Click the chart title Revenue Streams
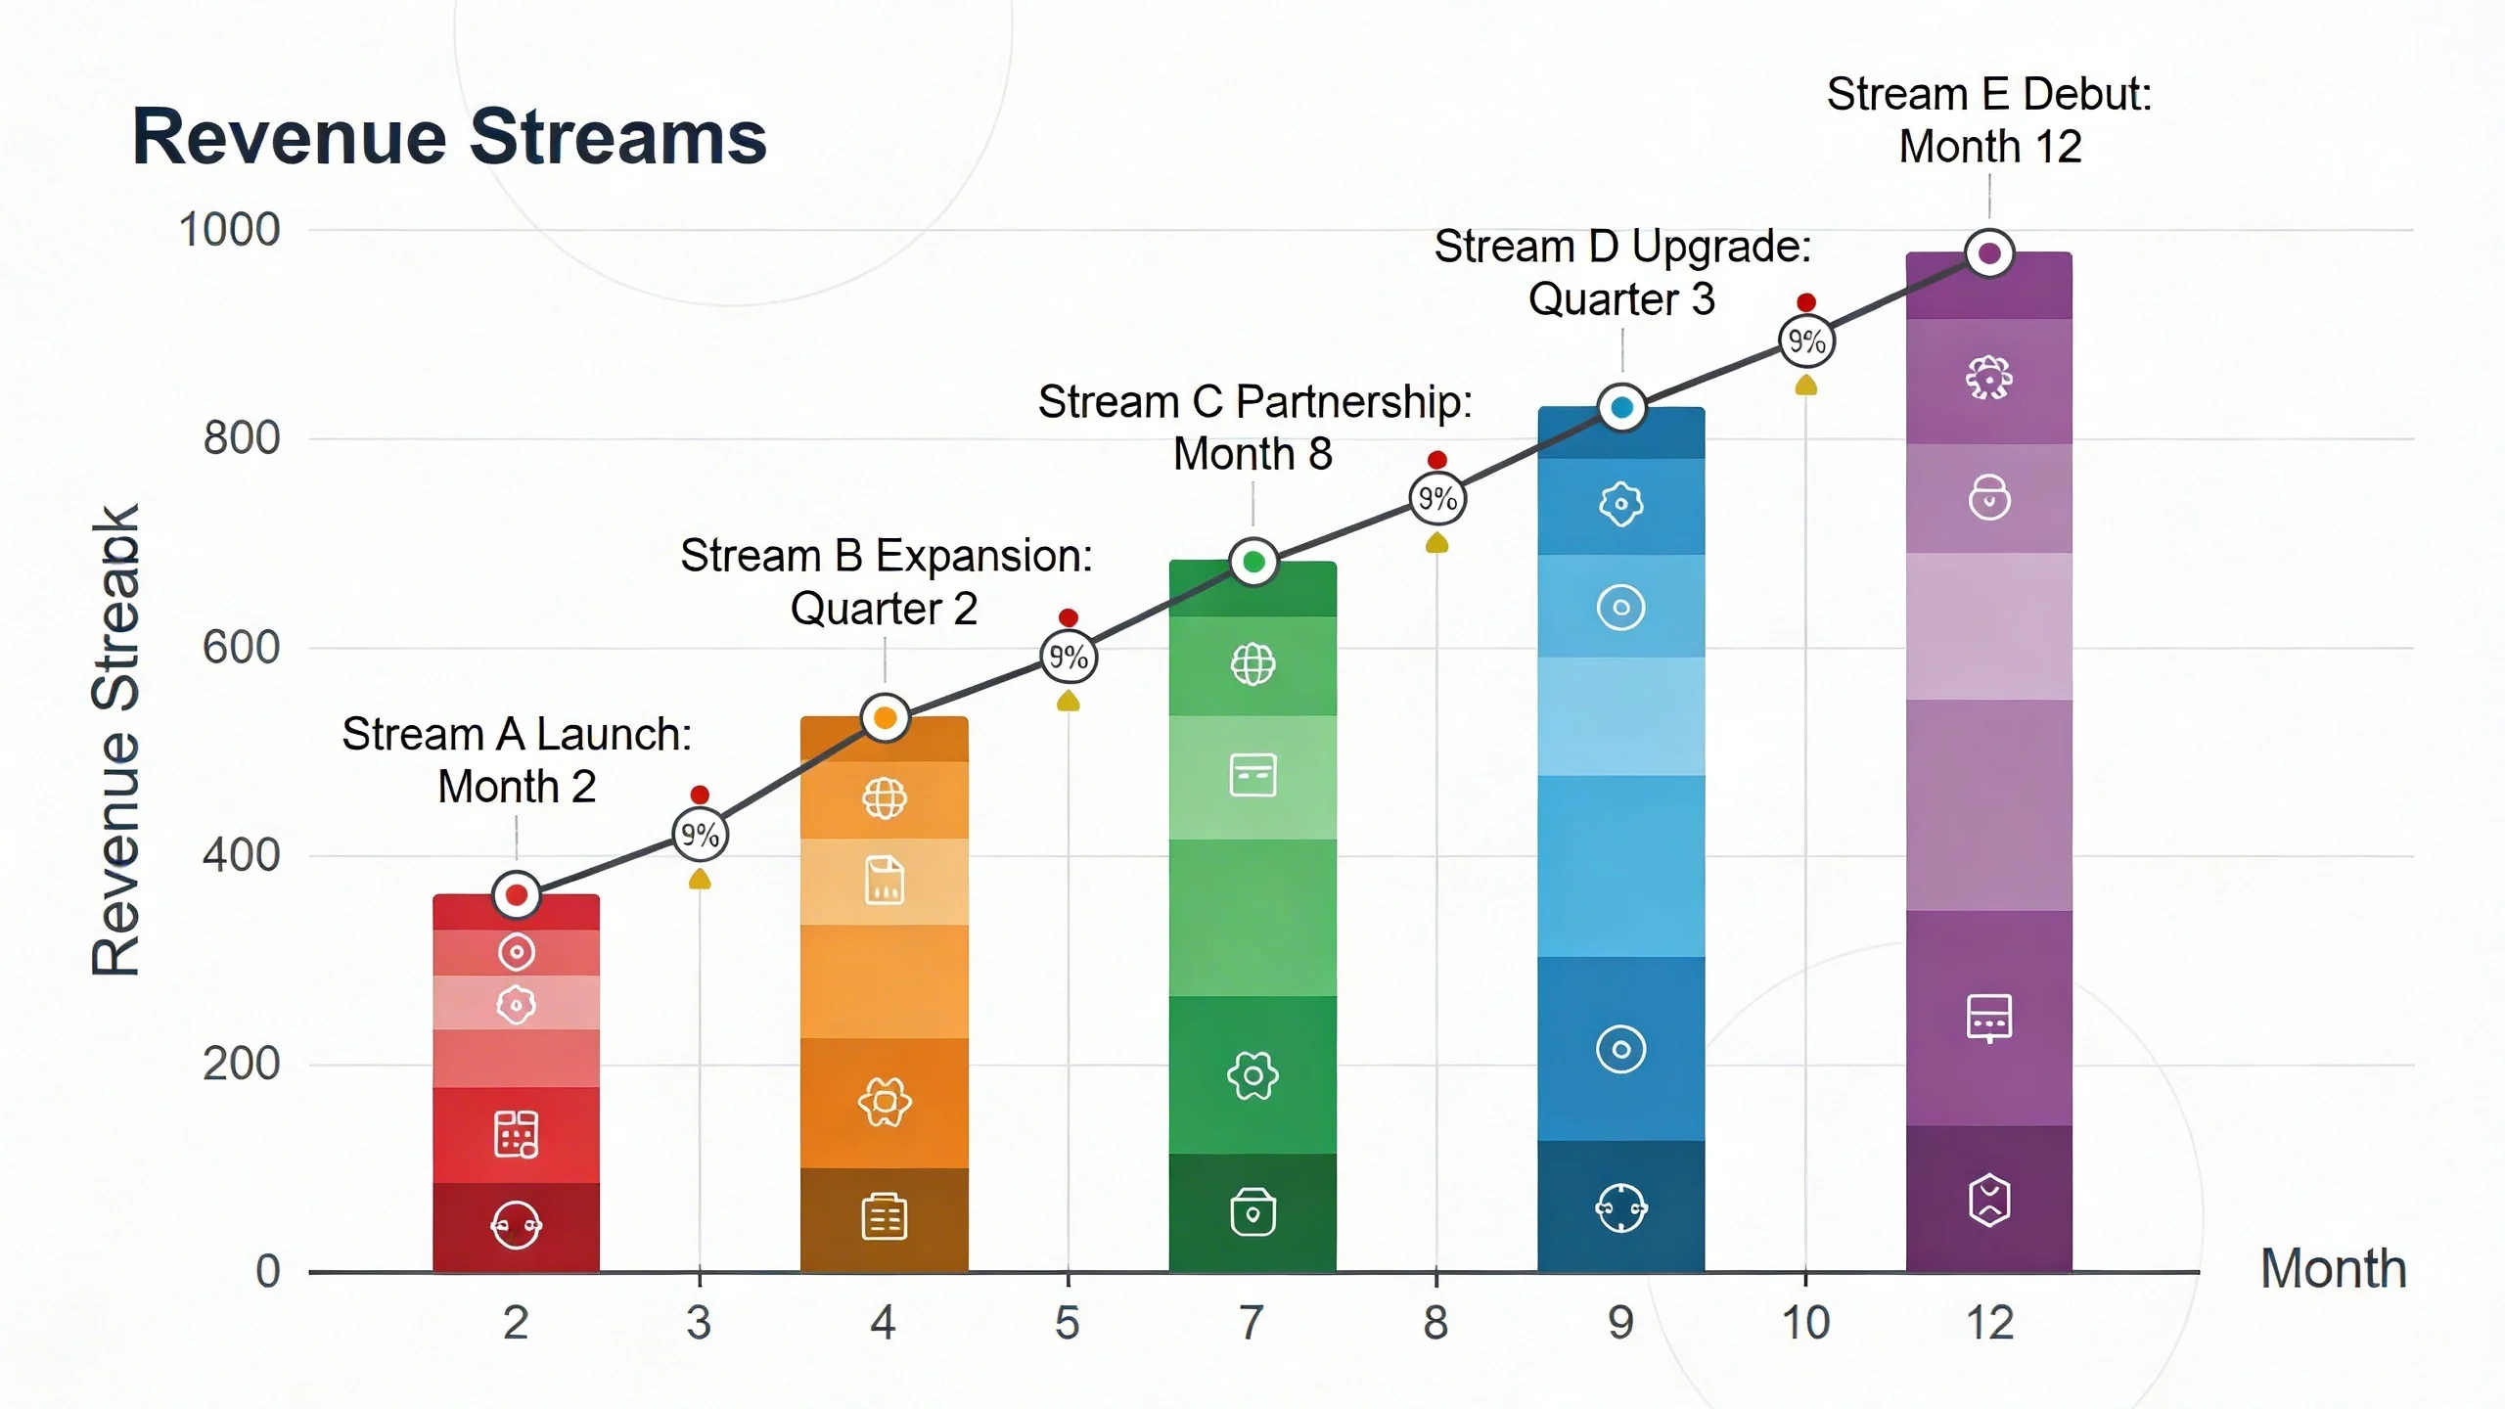(x=449, y=137)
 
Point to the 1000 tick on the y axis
(x=229, y=230)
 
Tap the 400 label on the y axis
(x=241, y=855)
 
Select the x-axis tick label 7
(x=1252, y=1322)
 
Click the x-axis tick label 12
(x=1989, y=1322)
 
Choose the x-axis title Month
(x=2333, y=1269)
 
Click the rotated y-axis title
(x=116, y=741)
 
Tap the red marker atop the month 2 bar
(x=517, y=894)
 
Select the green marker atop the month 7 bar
(x=1253, y=562)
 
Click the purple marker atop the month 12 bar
(x=1989, y=253)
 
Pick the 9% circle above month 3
(x=700, y=835)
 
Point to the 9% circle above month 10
(x=1806, y=341)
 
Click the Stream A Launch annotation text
(x=517, y=759)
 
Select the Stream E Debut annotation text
(x=1989, y=120)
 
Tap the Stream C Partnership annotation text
(x=1254, y=427)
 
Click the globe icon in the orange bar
(x=884, y=798)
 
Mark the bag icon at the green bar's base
(x=1252, y=1212)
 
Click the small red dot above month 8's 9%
(x=1436, y=460)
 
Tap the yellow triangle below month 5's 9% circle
(x=1069, y=701)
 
